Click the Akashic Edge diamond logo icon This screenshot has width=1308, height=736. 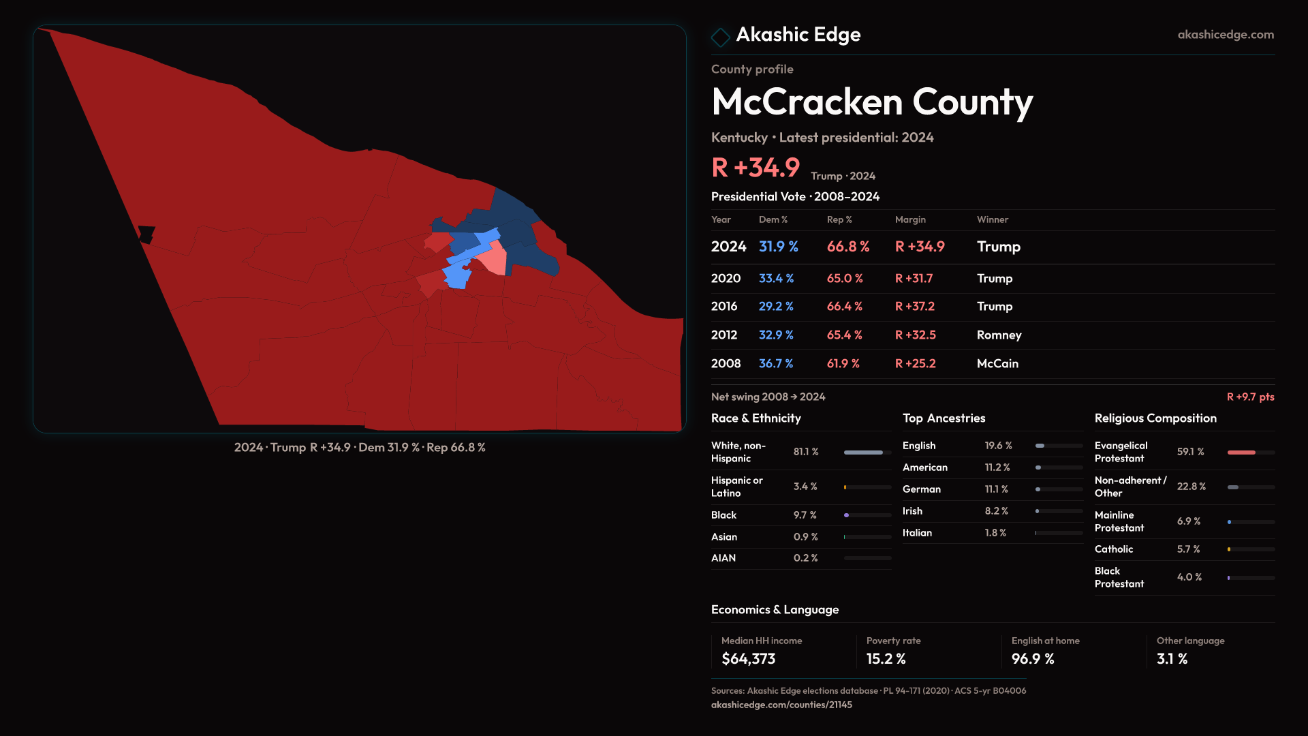720,37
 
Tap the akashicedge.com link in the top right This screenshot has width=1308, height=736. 1225,35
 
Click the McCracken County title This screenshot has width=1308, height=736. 871,102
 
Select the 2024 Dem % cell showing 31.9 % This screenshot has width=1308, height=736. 778,247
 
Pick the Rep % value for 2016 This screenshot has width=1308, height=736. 844,307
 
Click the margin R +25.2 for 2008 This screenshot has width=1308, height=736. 915,364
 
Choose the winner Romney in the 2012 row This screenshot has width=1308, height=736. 999,335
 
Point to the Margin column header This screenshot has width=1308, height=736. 910,219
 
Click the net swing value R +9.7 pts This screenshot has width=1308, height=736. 1250,397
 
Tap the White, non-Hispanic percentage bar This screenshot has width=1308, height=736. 863,453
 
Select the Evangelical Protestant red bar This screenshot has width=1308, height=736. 1241,453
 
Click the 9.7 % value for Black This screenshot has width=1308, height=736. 805,515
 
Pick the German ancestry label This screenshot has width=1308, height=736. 921,489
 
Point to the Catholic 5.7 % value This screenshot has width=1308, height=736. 1188,549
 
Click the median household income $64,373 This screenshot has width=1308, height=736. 748,659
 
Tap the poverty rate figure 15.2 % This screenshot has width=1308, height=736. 886,659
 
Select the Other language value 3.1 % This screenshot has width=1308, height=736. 1172,659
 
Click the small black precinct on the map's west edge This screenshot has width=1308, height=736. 146,234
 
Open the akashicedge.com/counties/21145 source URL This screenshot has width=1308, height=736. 781,705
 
